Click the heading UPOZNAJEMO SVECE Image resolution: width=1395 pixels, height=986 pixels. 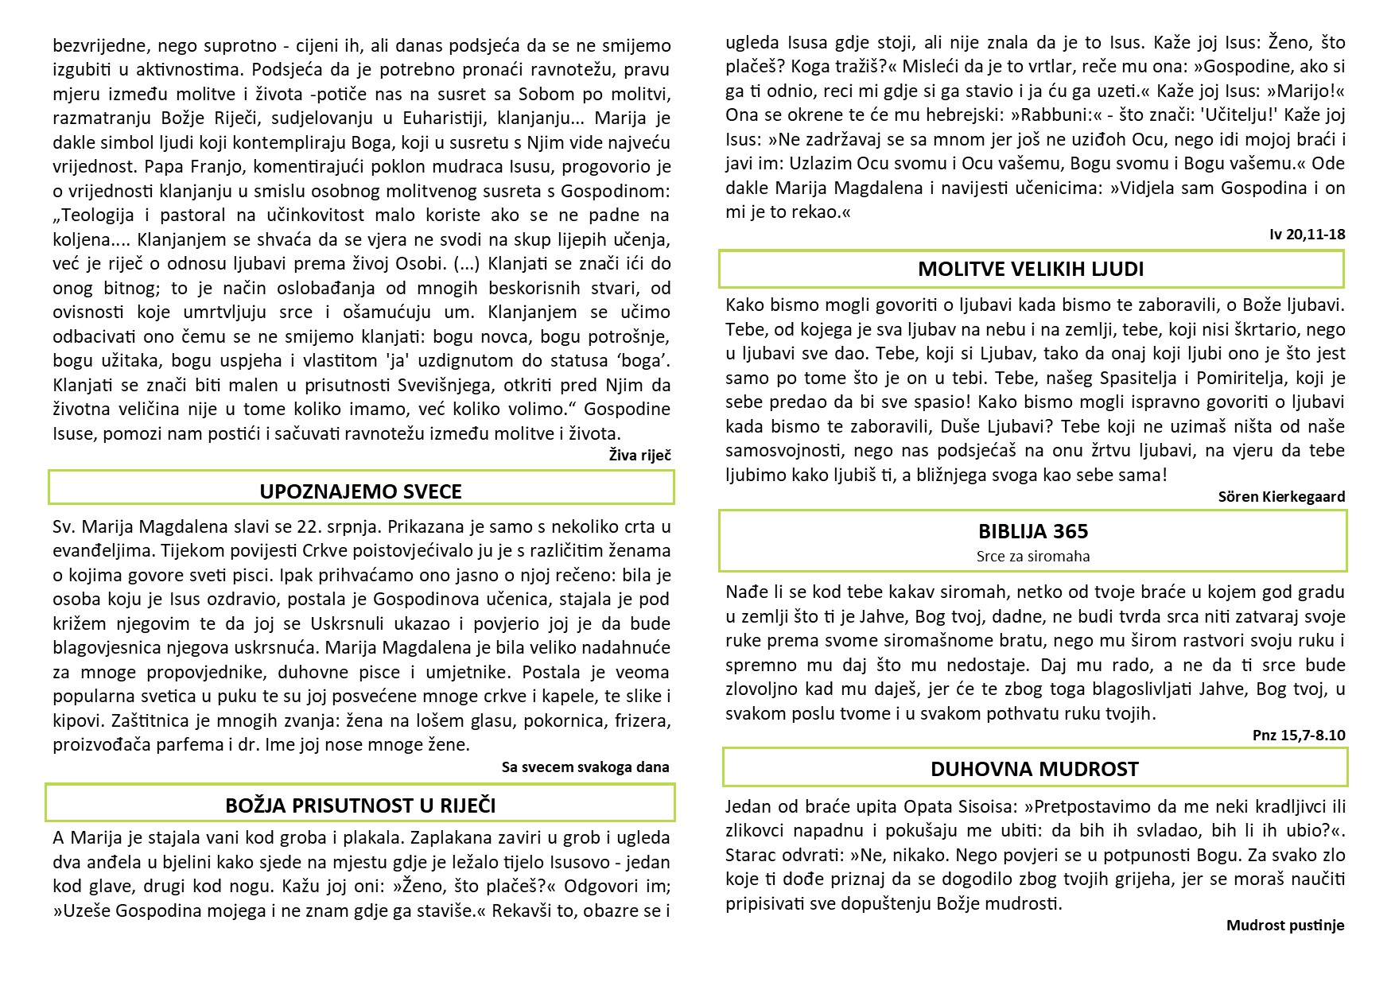[360, 491]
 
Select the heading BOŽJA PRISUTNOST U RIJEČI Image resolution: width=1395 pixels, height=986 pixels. [360, 805]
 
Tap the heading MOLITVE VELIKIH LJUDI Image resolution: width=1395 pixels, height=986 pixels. [1031, 269]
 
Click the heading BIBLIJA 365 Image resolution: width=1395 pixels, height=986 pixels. [1033, 531]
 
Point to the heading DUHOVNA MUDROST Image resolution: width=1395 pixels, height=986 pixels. [1035, 769]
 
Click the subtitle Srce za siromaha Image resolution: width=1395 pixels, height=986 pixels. [1033, 556]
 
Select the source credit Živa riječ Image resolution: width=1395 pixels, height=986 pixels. [639, 455]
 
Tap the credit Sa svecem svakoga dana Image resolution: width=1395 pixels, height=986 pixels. [585, 767]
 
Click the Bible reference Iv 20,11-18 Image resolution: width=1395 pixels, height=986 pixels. [1308, 234]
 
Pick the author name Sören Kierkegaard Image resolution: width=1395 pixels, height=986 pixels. [1281, 496]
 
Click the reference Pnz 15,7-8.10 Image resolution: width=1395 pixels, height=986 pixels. [1299, 735]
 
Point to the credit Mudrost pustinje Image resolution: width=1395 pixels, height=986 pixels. [1285, 925]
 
